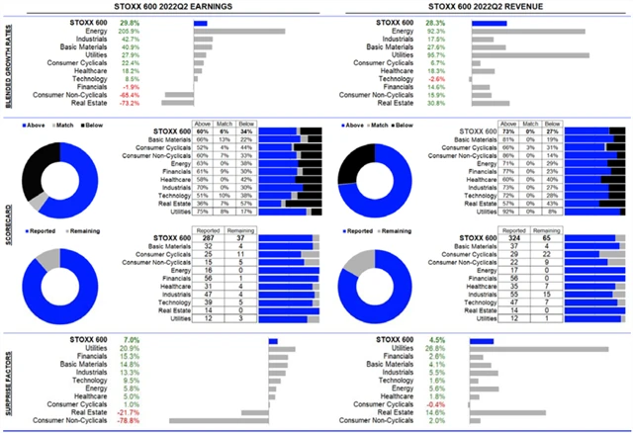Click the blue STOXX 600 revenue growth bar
489,23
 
